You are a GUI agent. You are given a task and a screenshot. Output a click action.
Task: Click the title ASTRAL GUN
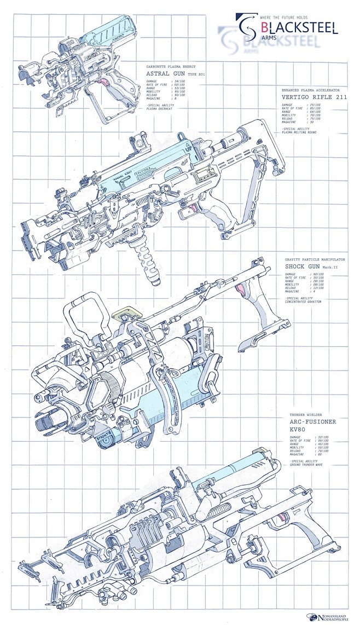point(165,73)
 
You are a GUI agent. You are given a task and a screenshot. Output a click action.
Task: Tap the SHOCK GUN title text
point(304,267)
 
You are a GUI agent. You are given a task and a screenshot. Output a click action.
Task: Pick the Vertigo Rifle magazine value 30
point(311,121)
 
